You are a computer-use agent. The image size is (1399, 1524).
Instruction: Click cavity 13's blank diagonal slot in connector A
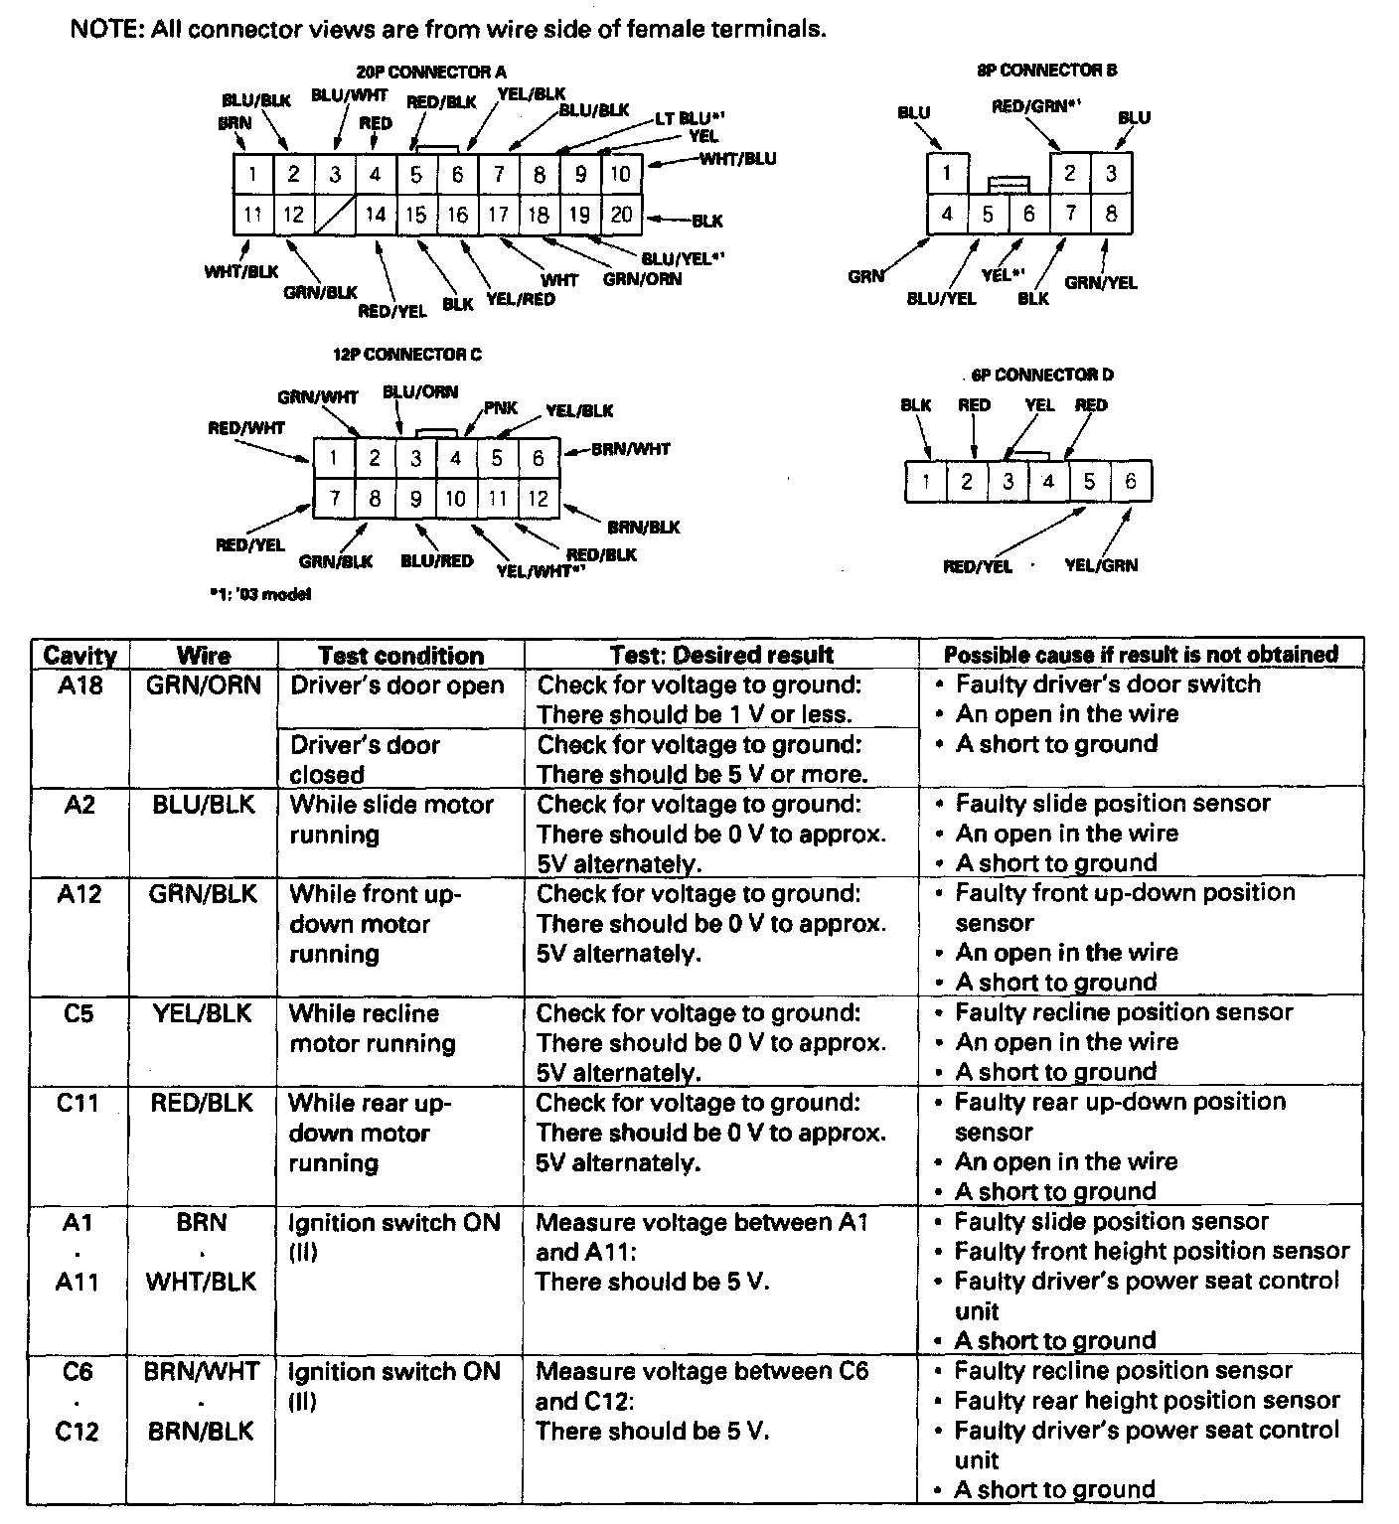(335, 215)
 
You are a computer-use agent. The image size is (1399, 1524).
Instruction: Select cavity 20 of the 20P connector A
(621, 215)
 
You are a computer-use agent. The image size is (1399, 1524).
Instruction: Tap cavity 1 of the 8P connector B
(948, 173)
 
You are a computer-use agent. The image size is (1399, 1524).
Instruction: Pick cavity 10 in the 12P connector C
(456, 498)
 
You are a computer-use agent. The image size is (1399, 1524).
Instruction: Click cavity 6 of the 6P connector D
(1131, 482)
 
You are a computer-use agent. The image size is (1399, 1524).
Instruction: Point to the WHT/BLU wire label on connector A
(738, 158)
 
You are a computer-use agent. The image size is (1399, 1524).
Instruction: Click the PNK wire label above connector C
(501, 408)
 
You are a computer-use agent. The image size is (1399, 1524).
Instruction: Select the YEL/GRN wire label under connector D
(1101, 565)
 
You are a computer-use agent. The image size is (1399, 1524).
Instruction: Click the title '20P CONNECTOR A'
(431, 72)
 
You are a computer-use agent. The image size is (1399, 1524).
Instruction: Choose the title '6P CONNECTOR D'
(1042, 375)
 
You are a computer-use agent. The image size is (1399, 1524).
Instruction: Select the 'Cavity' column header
(79, 656)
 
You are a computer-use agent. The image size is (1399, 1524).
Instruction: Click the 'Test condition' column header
(400, 656)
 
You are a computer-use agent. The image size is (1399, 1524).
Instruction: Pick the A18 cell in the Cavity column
(79, 686)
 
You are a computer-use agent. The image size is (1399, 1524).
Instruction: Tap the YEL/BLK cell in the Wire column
(203, 1013)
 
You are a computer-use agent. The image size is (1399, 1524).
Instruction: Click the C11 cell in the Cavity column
(78, 1103)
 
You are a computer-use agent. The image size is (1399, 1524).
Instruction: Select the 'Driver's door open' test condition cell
(397, 686)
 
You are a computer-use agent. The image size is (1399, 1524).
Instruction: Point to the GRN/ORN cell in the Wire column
(203, 686)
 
